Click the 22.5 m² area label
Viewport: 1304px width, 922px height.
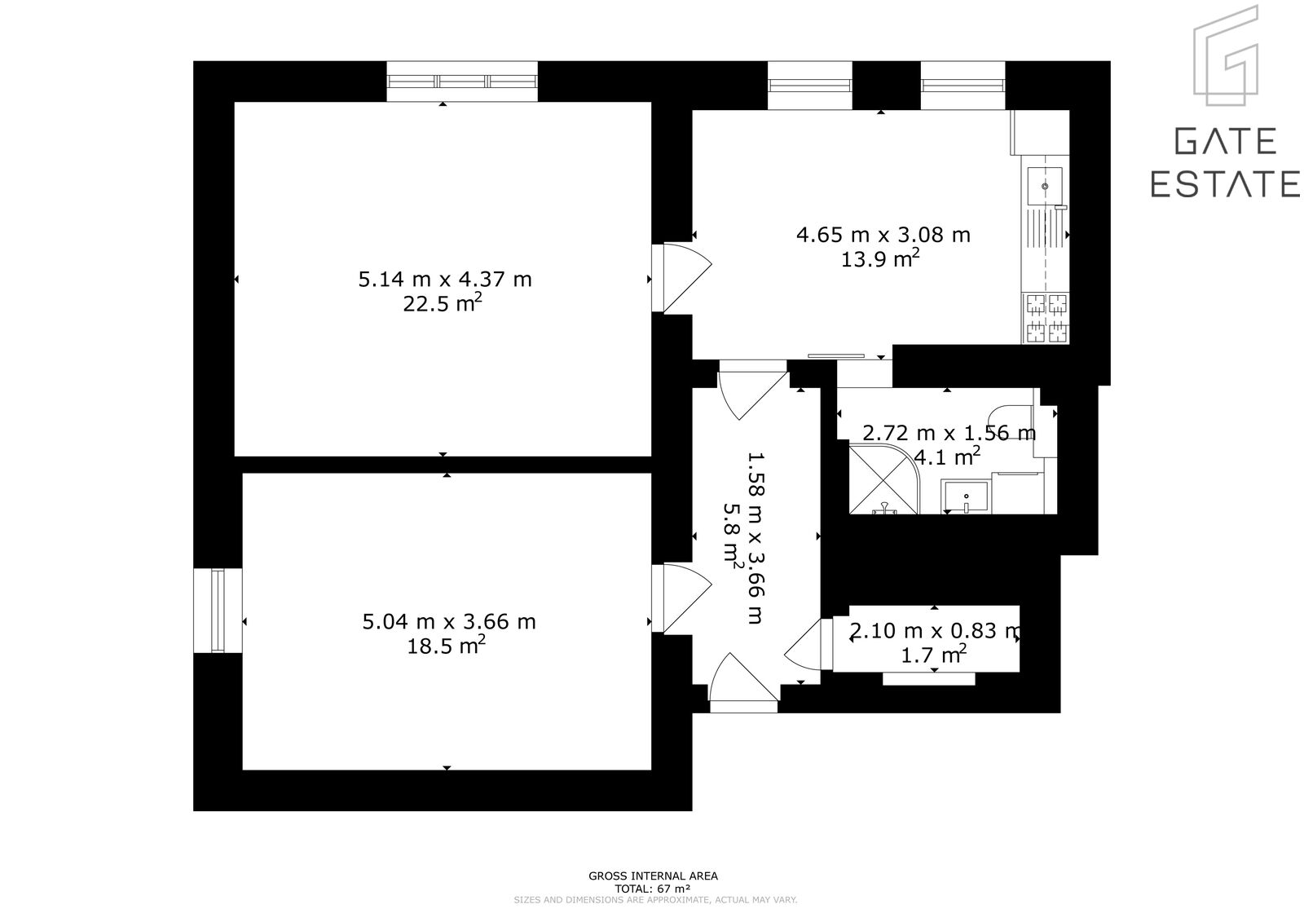tap(443, 303)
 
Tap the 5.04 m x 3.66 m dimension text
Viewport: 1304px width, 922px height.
tap(449, 622)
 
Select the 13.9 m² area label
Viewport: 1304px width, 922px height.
tap(880, 258)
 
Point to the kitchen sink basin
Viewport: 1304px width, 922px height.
tap(1044, 187)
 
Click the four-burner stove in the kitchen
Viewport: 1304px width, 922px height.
tap(1046, 318)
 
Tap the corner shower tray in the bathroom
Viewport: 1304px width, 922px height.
tap(883, 479)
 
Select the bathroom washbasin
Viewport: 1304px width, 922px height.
tap(966, 497)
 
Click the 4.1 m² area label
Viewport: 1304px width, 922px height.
tap(947, 457)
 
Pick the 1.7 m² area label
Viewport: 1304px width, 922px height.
tap(934, 655)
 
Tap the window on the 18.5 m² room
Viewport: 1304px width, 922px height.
tap(218, 611)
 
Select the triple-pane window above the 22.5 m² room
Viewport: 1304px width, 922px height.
tap(462, 82)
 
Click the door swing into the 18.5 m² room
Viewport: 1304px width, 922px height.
tap(681, 598)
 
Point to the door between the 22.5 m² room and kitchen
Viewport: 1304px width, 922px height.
tap(681, 279)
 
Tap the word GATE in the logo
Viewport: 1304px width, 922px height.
tap(1226, 142)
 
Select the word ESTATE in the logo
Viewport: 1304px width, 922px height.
tap(1225, 184)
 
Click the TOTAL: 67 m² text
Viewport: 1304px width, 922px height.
tap(653, 889)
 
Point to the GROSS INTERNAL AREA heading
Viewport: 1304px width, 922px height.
tap(653, 876)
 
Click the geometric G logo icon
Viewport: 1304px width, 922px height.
tap(1226, 56)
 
